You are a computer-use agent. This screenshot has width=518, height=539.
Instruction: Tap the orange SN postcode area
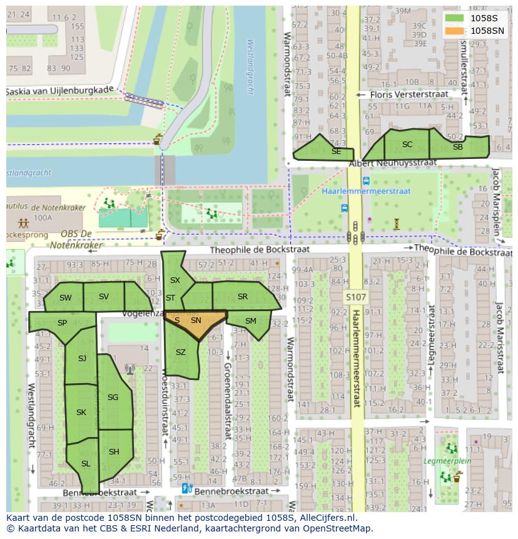click(x=196, y=321)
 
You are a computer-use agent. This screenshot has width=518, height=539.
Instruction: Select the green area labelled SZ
click(x=181, y=354)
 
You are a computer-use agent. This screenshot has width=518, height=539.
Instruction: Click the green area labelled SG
click(x=114, y=398)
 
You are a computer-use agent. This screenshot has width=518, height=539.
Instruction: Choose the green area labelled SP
click(x=61, y=323)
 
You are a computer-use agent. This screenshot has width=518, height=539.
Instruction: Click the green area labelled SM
click(x=250, y=321)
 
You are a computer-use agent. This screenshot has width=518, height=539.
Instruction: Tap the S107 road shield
click(x=356, y=297)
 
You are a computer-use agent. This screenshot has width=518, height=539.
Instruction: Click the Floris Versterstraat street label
click(x=409, y=95)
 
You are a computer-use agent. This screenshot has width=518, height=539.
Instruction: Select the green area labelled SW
click(x=65, y=298)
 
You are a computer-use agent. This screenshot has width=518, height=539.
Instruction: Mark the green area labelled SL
click(x=86, y=464)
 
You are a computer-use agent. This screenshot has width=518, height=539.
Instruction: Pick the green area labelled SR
click(x=243, y=297)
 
